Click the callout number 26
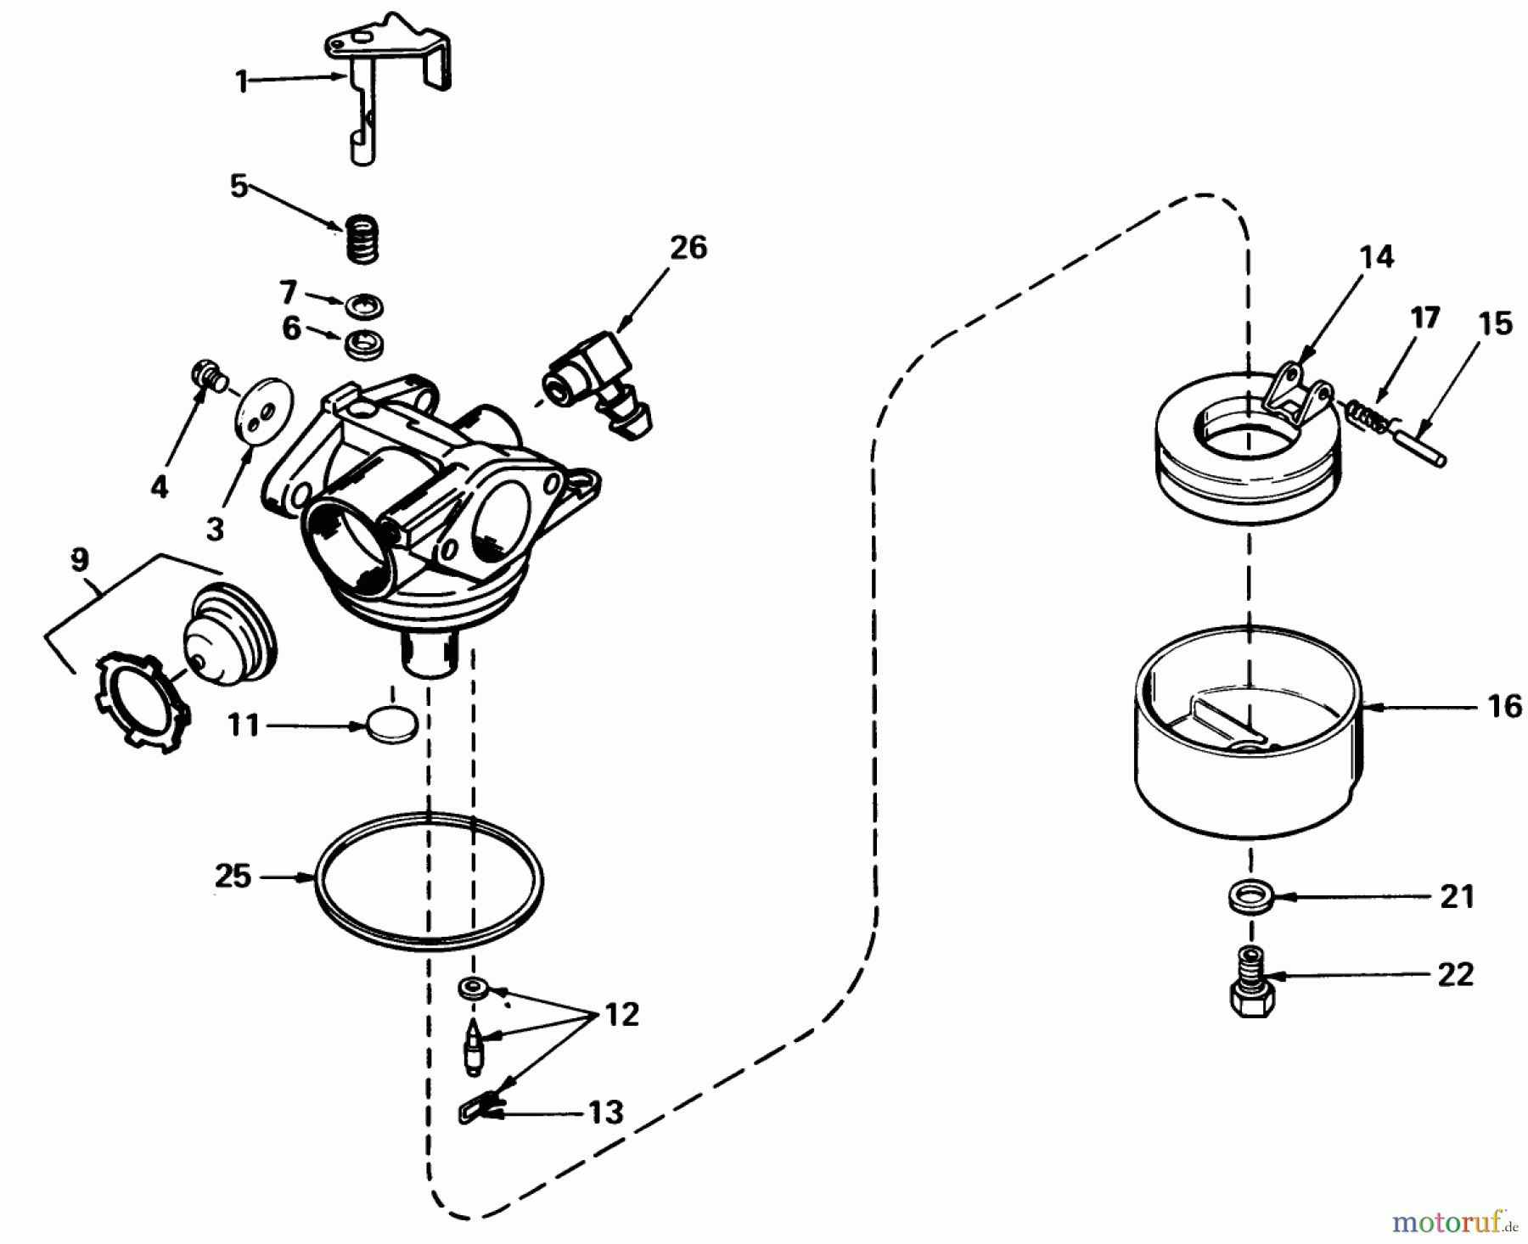click(x=688, y=248)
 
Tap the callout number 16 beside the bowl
click(x=1505, y=706)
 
